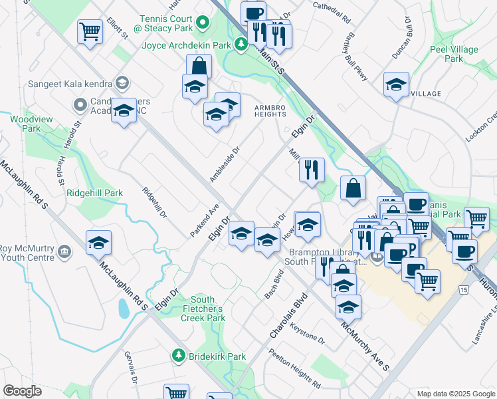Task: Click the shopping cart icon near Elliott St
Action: [x=90, y=31]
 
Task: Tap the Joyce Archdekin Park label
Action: [x=185, y=45]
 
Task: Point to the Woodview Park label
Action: [x=26, y=124]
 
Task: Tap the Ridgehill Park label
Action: [x=95, y=193]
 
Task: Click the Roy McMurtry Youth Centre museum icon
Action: [x=64, y=251]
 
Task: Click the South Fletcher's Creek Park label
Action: [x=203, y=309]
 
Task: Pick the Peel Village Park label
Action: [x=463, y=54]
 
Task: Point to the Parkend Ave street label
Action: [x=204, y=220]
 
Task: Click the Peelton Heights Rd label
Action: [x=294, y=369]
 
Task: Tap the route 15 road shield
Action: [x=462, y=291]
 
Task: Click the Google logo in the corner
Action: [x=22, y=391]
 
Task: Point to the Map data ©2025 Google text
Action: [x=455, y=394]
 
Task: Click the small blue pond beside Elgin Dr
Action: [x=124, y=309]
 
